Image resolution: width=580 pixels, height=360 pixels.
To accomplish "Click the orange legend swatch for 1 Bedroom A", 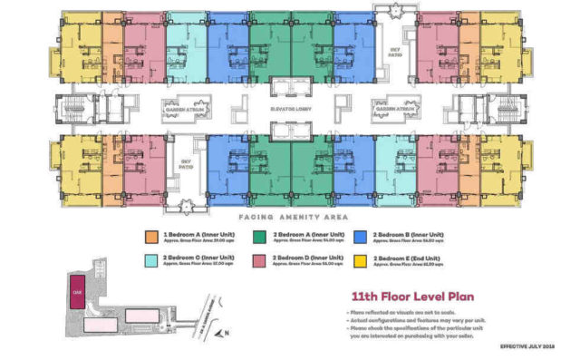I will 149,238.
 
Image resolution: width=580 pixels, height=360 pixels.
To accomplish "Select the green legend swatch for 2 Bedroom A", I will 256,238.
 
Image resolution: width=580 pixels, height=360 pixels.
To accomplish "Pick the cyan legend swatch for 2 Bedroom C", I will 149,261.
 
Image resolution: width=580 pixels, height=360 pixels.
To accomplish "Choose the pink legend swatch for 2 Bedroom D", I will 256,261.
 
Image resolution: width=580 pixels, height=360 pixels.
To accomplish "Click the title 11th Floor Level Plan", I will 403,296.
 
